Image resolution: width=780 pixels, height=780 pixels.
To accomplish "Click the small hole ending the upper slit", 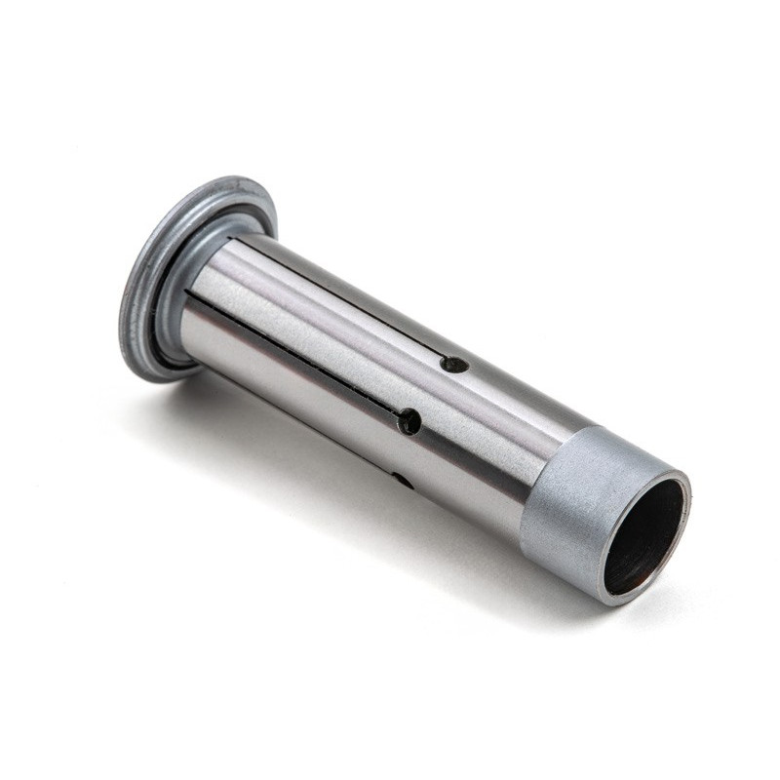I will point(453,365).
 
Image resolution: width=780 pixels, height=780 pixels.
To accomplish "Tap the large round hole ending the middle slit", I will point(409,422).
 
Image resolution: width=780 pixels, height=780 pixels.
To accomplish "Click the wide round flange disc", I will point(146,292).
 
